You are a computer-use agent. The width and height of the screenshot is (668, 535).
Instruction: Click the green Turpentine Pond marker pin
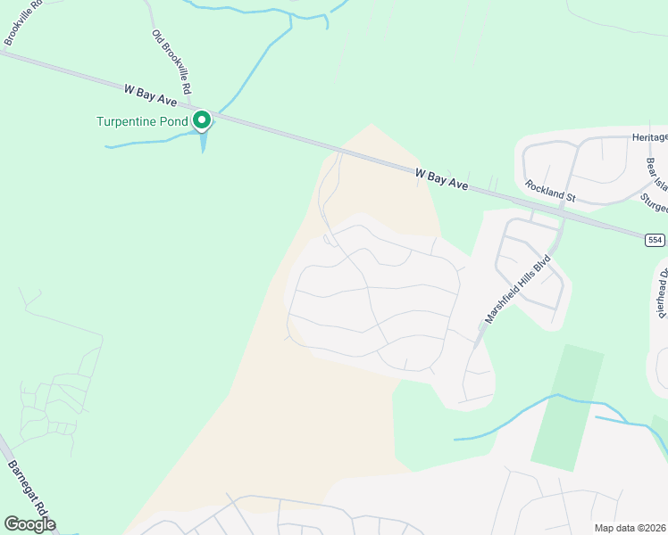203,119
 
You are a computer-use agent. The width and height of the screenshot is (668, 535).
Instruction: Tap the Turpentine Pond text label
142,121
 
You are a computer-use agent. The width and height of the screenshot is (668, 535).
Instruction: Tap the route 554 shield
655,239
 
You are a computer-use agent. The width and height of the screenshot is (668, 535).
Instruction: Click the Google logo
29,524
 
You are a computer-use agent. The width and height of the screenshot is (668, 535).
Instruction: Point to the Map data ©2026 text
630,527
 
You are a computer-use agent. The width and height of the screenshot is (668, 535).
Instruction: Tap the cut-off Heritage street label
650,136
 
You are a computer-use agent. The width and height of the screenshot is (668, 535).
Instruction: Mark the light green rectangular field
566,406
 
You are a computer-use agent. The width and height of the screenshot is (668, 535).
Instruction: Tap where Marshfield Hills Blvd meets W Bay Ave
564,211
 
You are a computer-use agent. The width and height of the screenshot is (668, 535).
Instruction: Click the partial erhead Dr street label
663,293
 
